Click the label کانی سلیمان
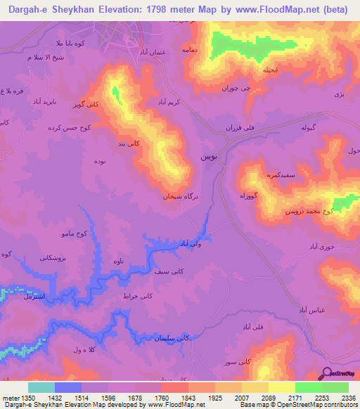pyautogui.click(x=173, y=339)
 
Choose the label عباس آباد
pyautogui.click(x=311, y=310)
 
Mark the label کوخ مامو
pyautogui.click(x=72, y=233)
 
